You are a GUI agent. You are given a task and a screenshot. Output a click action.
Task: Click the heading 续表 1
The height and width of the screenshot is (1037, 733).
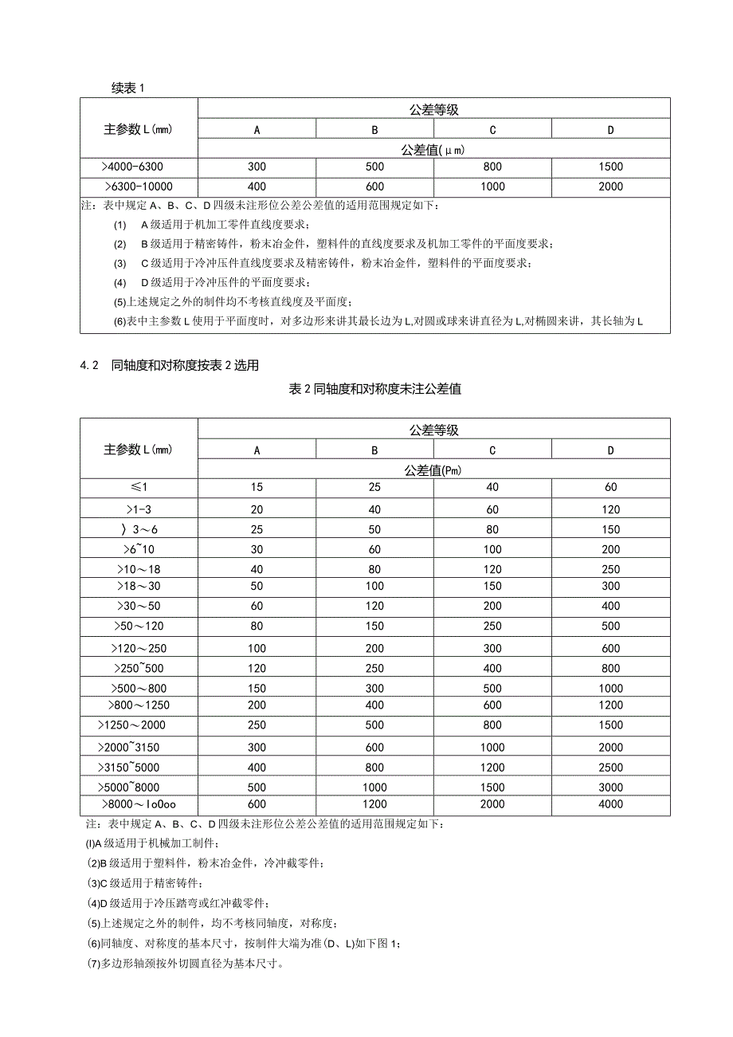(x=127, y=88)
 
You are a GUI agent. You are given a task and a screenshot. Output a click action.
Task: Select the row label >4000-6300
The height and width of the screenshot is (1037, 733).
(x=139, y=167)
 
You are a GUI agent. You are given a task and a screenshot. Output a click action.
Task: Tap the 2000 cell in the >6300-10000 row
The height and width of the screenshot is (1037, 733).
(x=610, y=187)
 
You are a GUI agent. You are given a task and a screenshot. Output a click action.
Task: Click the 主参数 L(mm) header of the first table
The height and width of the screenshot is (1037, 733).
(x=139, y=128)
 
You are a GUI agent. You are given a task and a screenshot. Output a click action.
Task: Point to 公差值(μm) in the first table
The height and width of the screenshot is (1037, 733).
(x=433, y=149)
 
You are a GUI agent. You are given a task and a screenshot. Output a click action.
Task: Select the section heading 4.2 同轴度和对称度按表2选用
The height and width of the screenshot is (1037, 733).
(x=171, y=366)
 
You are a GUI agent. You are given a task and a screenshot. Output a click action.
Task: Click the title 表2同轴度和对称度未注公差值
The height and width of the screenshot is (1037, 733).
(x=374, y=389)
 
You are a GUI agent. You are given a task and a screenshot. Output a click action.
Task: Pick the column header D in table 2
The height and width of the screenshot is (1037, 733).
(x=610, y=450)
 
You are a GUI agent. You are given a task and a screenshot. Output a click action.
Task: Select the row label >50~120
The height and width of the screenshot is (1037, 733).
(x=139, y=627)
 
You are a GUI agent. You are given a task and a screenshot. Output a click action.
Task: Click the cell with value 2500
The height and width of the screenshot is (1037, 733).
(x=610, y=767)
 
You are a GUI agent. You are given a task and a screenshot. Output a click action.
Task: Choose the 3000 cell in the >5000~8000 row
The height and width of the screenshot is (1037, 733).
(x=610, y=787)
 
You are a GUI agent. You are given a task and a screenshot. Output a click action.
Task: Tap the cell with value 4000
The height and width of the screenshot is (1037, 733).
(x=610, y=805)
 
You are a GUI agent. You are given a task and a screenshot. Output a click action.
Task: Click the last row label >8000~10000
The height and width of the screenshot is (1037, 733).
(x=139, y=805)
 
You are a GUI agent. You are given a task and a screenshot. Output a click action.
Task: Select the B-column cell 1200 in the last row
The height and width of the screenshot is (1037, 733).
(x=374, y=805)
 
